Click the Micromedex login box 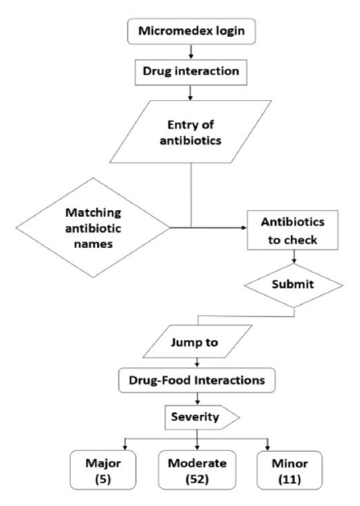[x=192, y=31]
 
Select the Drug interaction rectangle [x=191, y=72]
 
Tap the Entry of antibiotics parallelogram [x=191, y=131]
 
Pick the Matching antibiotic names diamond [x=93, y=228]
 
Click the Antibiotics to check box [x=293, y=230]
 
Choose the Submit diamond [x=293, y=285]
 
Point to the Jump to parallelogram [x=197, y=342]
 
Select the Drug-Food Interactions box [x=197, y=380]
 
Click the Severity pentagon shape [x=202, y=417]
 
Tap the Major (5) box [x=103, y=470]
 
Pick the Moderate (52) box [x=197, y=470]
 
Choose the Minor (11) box [x=289, y=470]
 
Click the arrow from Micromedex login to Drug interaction [x=191, y=52]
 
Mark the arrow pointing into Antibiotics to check [x=209, y=228]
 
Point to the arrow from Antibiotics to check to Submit [x=293, y=257]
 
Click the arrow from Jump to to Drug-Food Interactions [x=197, y=363]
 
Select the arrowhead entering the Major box [x=125, y=448]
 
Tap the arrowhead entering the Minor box [x=267, y=448]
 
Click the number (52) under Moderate [x=197, y=479]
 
